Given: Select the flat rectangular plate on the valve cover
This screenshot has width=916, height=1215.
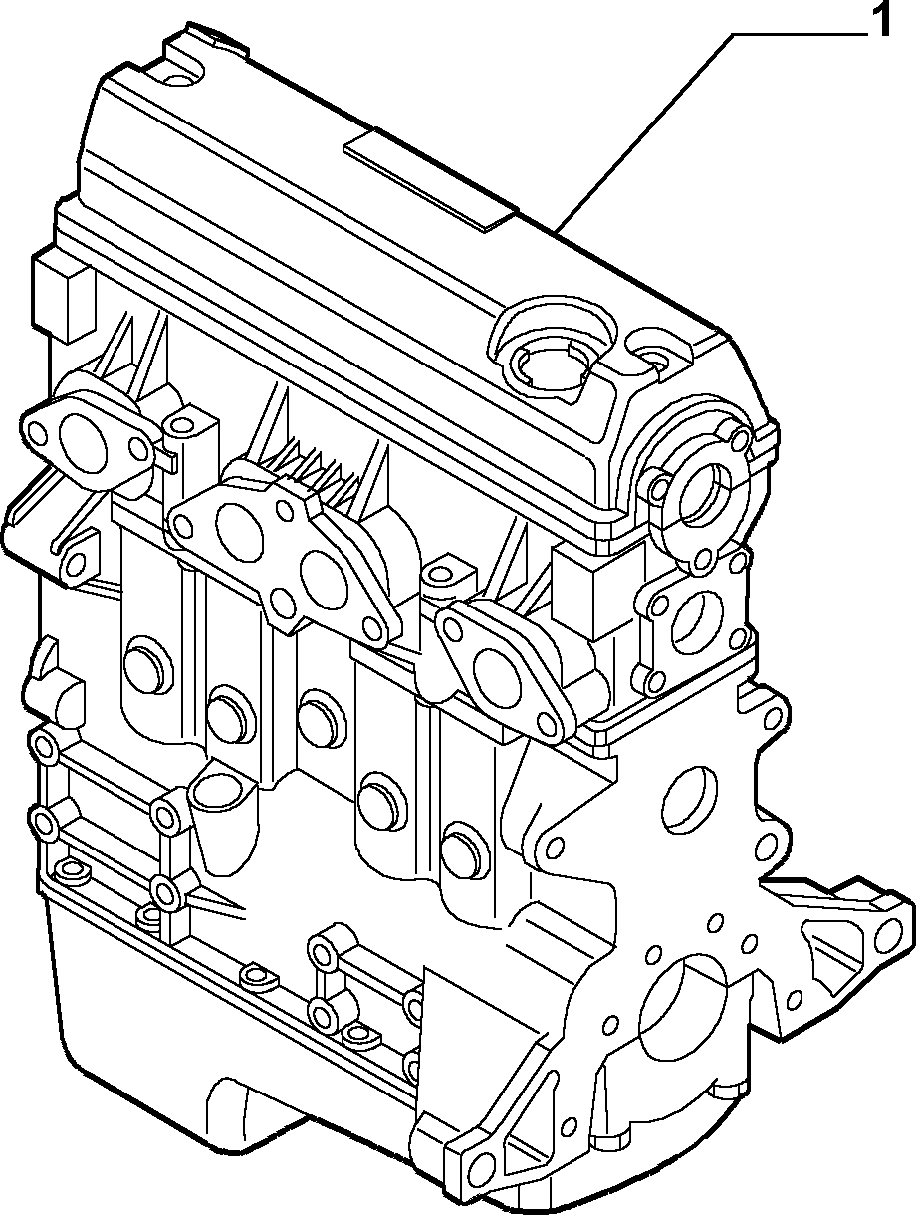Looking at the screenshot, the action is pos(430,179).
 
